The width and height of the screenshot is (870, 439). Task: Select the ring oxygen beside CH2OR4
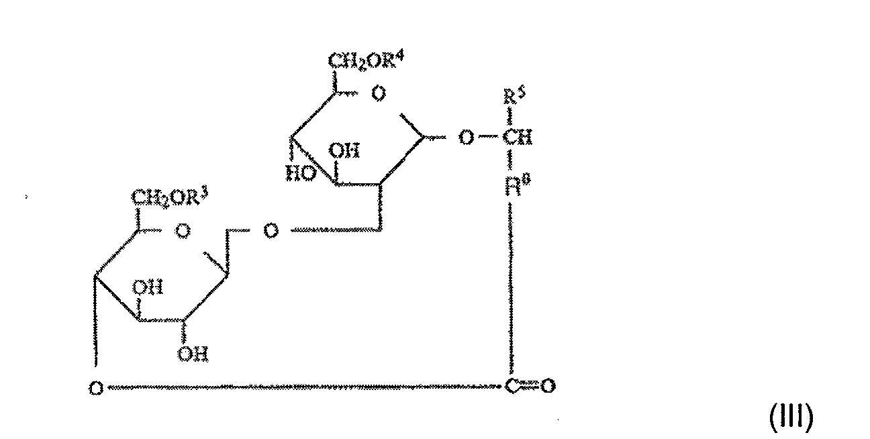point(379,95)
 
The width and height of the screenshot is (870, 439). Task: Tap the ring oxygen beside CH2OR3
point(182,232)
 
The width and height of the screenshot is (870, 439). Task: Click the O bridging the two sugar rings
point(271,232)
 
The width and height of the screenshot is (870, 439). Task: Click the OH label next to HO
point(348,152)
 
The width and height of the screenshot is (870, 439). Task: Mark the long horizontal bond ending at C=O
point(302,387)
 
